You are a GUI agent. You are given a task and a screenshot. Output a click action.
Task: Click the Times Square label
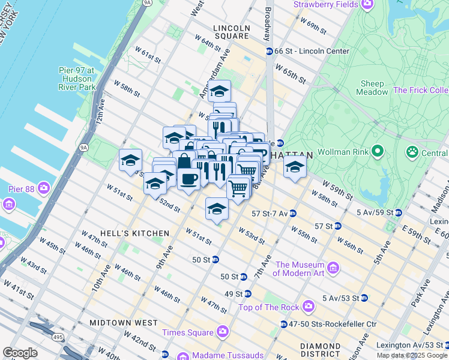click(187, 332)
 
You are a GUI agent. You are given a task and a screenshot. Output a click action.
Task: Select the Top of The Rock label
click(268, 307)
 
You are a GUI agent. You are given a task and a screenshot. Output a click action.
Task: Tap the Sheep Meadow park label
click(372, 88)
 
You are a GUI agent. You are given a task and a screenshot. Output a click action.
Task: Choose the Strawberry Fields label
click(325, 5)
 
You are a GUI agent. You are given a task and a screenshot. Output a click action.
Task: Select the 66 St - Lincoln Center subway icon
click(270, 51)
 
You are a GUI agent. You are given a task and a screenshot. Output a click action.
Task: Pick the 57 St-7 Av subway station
click(292, 213)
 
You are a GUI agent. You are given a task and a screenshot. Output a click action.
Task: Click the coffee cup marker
click(188, 178)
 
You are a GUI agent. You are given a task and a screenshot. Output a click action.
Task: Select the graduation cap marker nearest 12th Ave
click(130, 160)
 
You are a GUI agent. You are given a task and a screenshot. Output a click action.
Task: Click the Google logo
click(20, 353)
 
